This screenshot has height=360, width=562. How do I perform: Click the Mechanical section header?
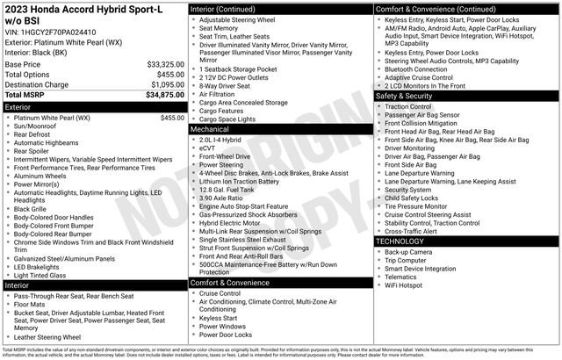coord(210,129)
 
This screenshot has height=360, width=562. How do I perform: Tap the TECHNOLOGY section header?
coord(400,241)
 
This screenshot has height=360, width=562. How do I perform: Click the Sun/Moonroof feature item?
coord(38,126)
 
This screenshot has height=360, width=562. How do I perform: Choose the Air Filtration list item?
coord(219,93)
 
